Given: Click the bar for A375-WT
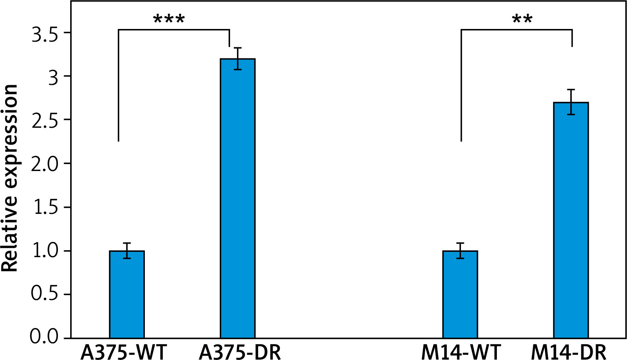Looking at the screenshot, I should [x=127, y=294].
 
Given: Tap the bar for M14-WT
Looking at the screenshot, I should [x=460, y=294].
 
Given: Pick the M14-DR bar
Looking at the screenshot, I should [x=571, y=220].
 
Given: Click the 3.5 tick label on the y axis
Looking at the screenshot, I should [x=45, y=33].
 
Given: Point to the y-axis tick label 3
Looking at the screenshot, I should [x=53, y=77].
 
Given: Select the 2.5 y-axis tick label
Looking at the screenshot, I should [x=45, y=120].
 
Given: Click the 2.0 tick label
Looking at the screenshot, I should [x=45, y=164].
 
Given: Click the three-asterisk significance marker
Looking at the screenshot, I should [x=169, y=20].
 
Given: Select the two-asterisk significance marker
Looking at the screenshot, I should [x=522, y=20].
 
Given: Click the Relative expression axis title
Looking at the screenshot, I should [x=10, y=178].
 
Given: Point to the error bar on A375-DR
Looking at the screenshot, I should [x=238, y=59].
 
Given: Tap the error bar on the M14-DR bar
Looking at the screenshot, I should [x=571, y=102].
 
